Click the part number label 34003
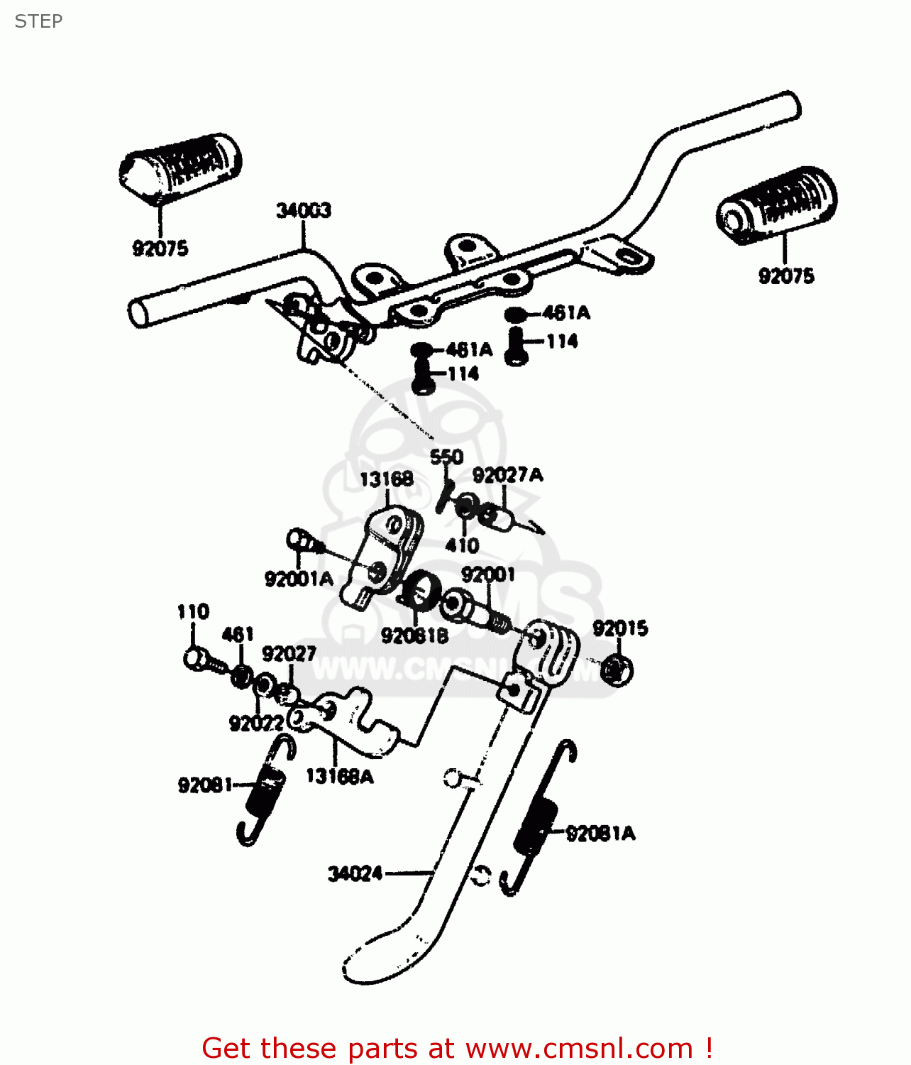tap(303, 211)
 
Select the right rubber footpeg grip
tap(777, 204)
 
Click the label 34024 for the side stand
tap(355, 874)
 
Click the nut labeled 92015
tap(616, 670)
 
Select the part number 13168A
tap(339, 777)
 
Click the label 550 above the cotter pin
tap(446, 457)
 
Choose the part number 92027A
tap(507, 475)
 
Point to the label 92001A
tap(298, 579)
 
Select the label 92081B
tap(414, 636)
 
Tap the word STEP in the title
tap(38, 21)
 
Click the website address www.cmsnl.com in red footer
tap(578, 1049)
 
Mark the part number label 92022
tap(256, 723)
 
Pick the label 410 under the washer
tap(462, 546)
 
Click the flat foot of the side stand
tap(383, 955)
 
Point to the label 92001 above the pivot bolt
tap(487, 574)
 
